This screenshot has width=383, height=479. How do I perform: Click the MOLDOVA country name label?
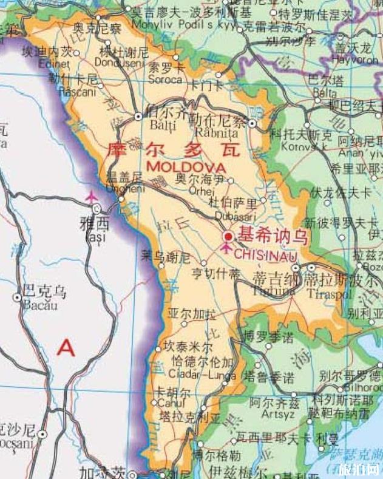(186, 166)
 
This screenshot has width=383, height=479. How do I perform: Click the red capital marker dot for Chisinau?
(228, 236)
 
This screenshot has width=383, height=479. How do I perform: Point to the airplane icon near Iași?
(92, 197)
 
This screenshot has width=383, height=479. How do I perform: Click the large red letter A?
(66, 348)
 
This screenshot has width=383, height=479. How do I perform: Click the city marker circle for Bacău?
(18, 298)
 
